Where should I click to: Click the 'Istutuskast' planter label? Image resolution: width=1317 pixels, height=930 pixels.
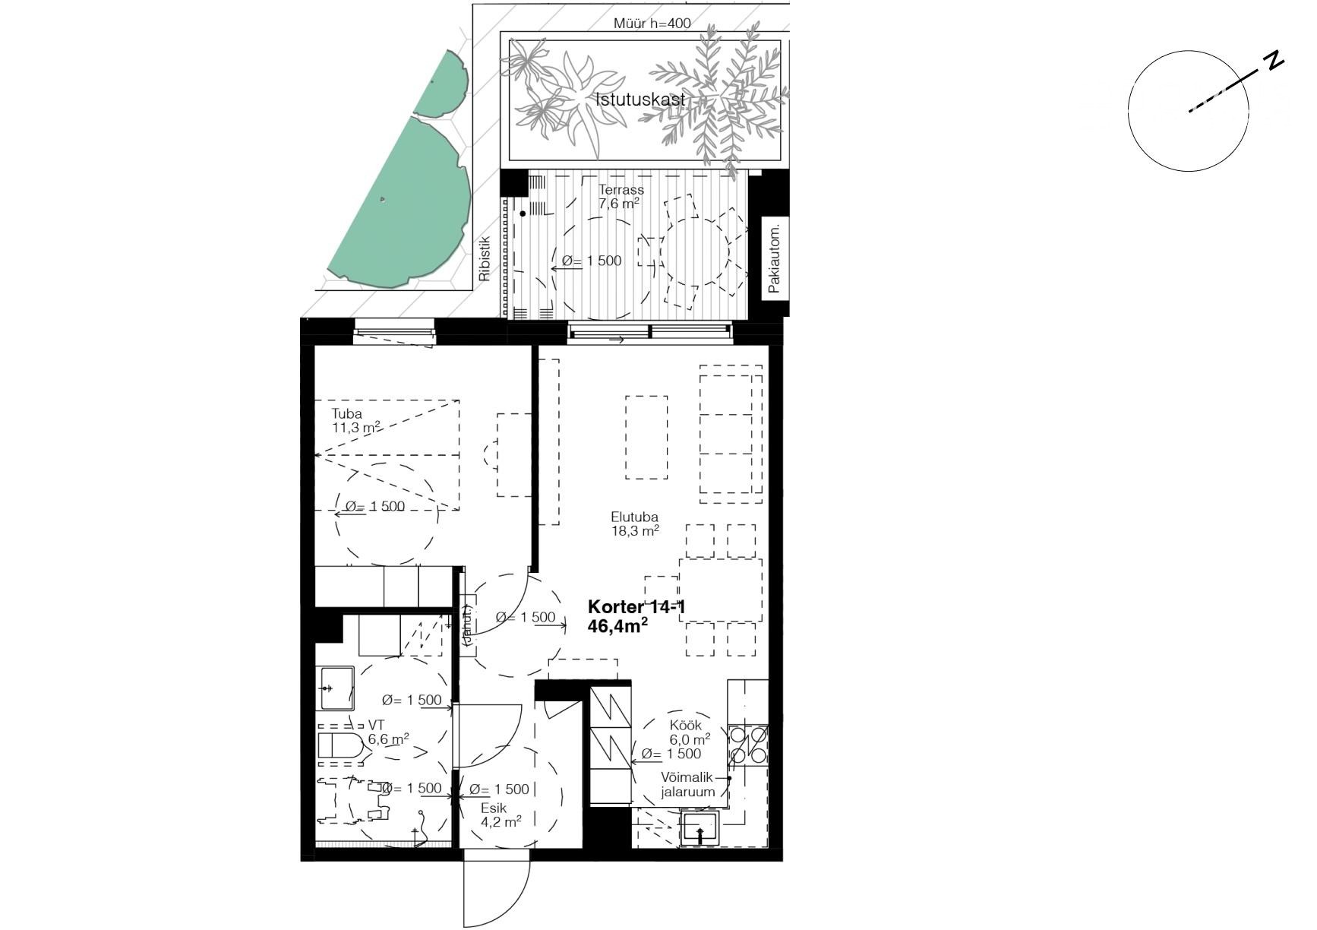coord(640,100)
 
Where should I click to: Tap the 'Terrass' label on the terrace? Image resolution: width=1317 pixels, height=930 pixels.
coord(621,190)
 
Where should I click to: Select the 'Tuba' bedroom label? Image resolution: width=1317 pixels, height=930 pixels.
coord(346,414)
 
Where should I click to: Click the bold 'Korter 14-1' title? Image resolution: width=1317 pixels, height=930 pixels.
coord(636,607)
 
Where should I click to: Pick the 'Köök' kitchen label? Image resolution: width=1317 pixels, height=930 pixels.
coord(685,725)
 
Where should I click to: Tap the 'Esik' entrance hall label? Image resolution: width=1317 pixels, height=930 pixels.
coord(494,808)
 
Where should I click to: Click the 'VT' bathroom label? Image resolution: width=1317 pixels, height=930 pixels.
coord(377,725)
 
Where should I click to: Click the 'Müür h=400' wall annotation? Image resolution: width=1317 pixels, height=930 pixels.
coord(652,24)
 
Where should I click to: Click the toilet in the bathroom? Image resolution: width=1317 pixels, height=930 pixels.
coord(339,747)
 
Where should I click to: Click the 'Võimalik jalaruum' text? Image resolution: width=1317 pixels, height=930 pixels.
coord(688,785)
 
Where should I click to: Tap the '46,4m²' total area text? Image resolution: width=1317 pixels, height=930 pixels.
coord(617,625)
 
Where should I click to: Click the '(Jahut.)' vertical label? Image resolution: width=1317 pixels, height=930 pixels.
coord(468,625)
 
